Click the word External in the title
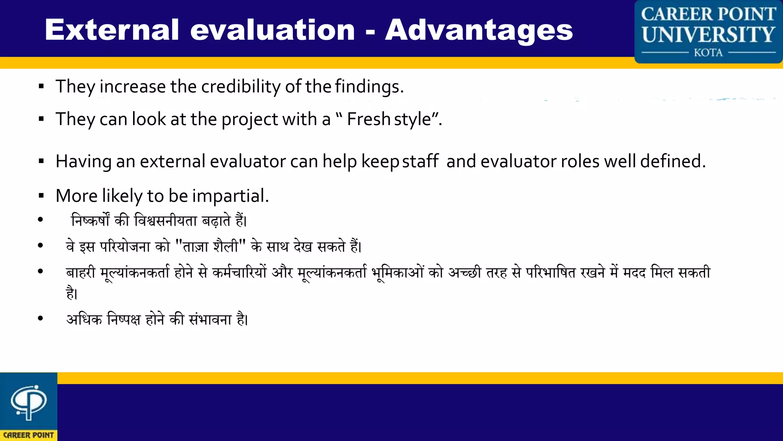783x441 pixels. click(112, 30)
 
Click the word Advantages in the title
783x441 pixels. click(479, 30)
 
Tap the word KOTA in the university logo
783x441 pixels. click(708, 52)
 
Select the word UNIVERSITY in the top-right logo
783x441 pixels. click(708, 34)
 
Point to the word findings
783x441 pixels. click(369, 87)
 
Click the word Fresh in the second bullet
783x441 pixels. click(368, 119)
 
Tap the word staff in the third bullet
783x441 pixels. click(420, 161)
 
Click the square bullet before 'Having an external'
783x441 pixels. click(41, 162)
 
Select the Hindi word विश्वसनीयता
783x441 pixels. click(166, 221)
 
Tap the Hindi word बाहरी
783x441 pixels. click(81, 273)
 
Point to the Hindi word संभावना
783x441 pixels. click(210, 319)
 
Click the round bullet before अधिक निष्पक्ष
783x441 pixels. click(41, 318)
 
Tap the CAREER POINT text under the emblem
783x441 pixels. click(28, 435)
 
